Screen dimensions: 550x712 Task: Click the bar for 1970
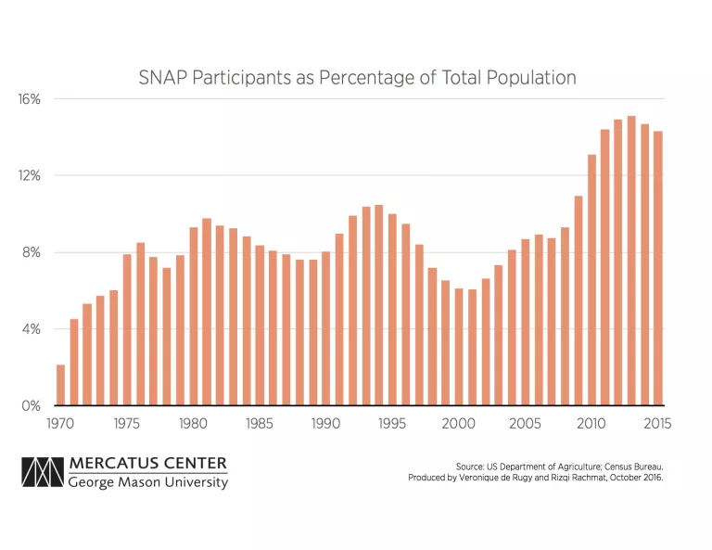point(60,385)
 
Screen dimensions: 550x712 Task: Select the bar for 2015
point(658,268)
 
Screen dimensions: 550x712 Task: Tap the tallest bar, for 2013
point(631,261)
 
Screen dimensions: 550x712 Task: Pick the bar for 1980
point(193,316)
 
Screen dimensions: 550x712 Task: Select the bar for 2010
point(591,280)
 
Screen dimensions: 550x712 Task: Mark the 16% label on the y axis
point(30,99)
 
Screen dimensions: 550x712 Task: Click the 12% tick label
point(30,176)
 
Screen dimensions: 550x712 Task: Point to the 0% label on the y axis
point(32,406)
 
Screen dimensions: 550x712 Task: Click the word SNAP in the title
point(160,78)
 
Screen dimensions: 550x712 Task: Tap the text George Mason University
point(147,482)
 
